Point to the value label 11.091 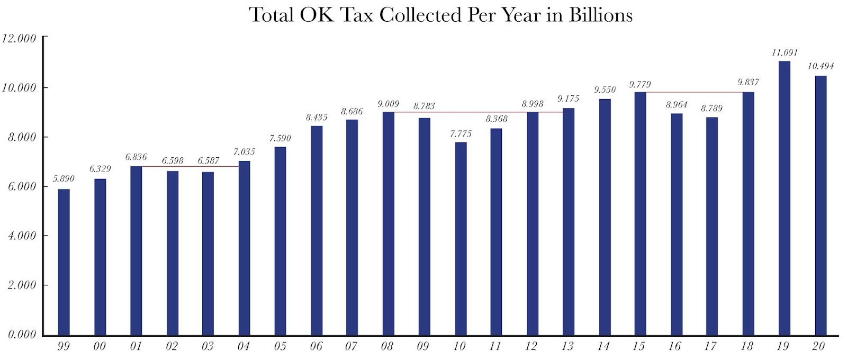coord(784,53)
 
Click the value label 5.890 coord(64,179)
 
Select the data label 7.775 coord(461,134)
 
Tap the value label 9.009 coord(388,104)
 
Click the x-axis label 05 coord(280,346)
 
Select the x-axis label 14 coord(603,346)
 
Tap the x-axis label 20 coord(818,346)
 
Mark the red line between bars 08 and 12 coord(461,112)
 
